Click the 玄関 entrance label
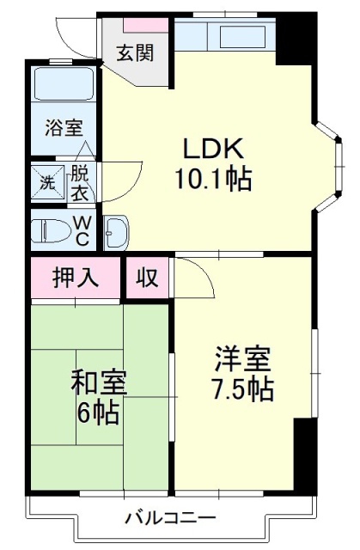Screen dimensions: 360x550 coord(135,53)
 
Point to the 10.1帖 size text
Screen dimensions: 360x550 coord(213,179)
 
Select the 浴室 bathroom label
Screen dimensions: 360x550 coord(64,128)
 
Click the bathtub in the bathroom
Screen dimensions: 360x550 coord(64,84)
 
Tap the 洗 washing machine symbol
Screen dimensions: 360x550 coord(48,182)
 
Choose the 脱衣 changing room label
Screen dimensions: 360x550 coord(80,183)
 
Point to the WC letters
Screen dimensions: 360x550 coord(82,230)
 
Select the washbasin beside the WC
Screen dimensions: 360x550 coord(117,232)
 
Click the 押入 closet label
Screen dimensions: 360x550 coord(76,278)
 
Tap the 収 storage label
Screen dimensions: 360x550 coord(147,278)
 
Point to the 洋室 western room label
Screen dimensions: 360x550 coord(243,358)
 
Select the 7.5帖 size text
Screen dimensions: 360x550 coord(243,388)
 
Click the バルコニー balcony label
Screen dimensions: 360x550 coord(171,517)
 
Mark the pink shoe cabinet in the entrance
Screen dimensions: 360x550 coord(146,25)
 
